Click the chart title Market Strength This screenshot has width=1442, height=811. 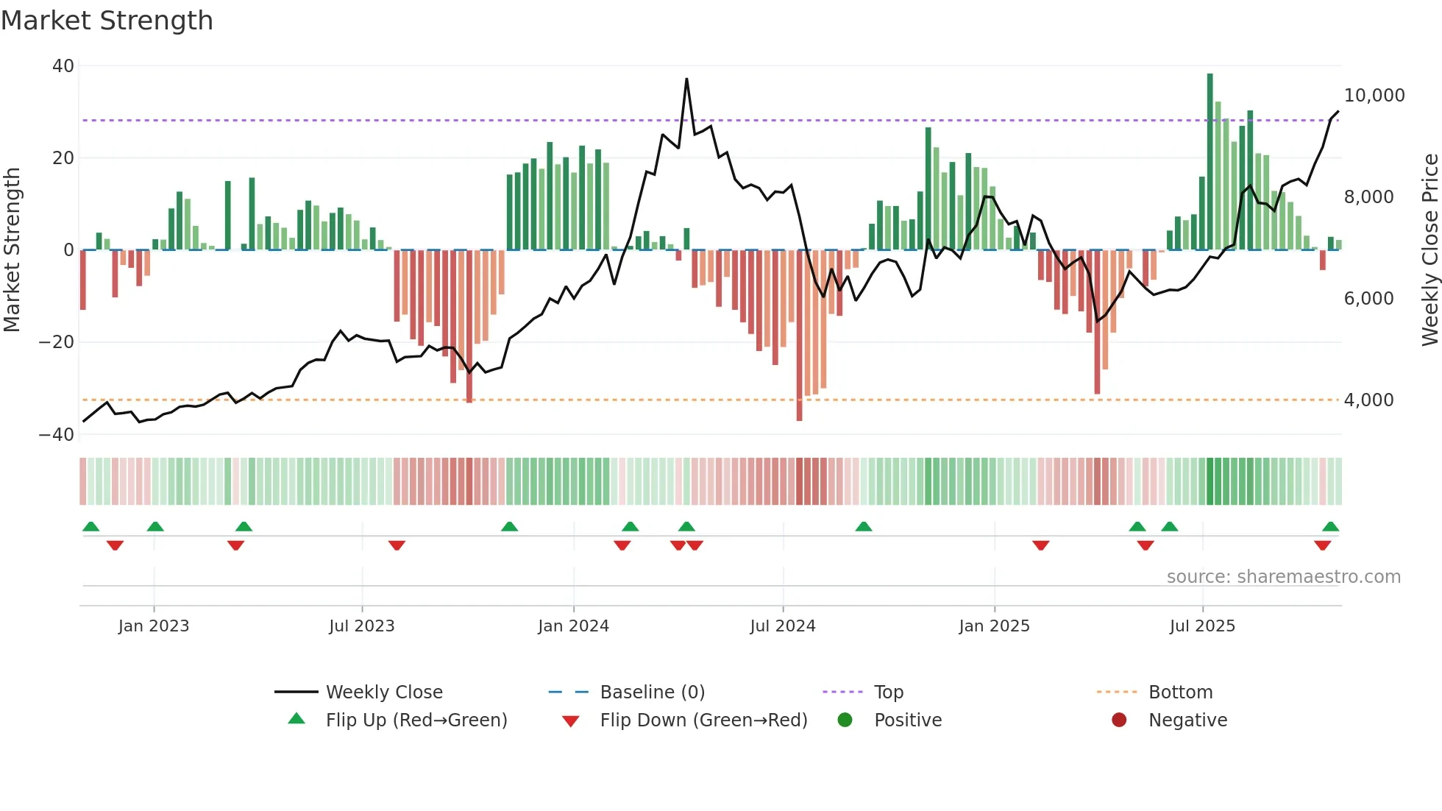click(x=107, y=21)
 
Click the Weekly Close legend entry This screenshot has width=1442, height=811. click(x=383, y=693)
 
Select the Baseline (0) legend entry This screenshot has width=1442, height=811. click(x=652, y=693)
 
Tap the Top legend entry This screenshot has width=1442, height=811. click(x=888, y=693)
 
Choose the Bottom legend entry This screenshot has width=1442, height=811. click(x=1180, y=693)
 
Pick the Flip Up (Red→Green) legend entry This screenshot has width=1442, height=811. click(x=416, y=720)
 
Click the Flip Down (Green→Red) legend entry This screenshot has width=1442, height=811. click(x=703, y=720)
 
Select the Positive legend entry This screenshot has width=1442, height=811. click(x=907, y=720)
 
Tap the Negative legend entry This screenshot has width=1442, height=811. click(x=1187, y=720)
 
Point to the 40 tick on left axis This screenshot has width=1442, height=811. click(x=63, y=66)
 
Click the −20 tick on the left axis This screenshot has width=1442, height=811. click(x=57, y=342)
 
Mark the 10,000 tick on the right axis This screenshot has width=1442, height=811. click(x=1374, y=96)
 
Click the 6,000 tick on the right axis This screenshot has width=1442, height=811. click(x=1368, y=299)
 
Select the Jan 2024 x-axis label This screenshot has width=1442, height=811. click(x=573, y=626)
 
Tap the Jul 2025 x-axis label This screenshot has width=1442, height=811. click(x=1202, y=626)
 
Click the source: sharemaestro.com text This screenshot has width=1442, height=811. click(x=1283, y=577)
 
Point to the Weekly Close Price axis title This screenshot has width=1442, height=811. click(x=1429, y=250)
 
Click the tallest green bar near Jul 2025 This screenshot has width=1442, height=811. click(x=1210, y=162)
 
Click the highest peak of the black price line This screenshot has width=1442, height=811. click(x=686, y=79)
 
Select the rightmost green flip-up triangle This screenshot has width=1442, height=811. click(x=1330, y=527)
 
